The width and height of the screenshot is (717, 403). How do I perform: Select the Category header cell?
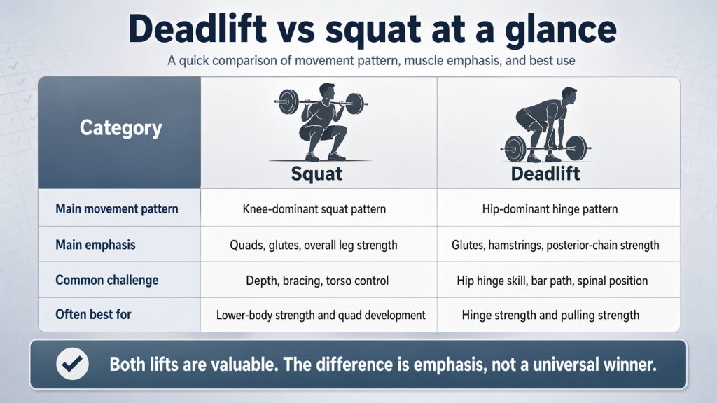click(120, 128)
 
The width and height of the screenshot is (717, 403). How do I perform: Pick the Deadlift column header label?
click(545, 174)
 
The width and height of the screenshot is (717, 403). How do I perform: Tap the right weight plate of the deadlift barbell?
click(576, 148)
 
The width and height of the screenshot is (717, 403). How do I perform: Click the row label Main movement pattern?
click(116, 208)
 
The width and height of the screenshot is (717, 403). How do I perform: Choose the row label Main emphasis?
click(95, 245)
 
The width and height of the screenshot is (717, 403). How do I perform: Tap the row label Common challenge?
click(106, 280)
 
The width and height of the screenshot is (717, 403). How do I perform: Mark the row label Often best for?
click(93, 314)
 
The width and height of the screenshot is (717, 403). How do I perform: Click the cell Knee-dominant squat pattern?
click(314, 208)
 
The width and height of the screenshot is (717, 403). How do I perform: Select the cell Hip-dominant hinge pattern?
click(550, 208)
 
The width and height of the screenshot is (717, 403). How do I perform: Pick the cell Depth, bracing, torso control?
click(316, 280)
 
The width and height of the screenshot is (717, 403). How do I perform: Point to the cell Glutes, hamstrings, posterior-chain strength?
click(555, 245)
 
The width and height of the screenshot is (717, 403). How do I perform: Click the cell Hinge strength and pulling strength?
click(550, 315)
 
